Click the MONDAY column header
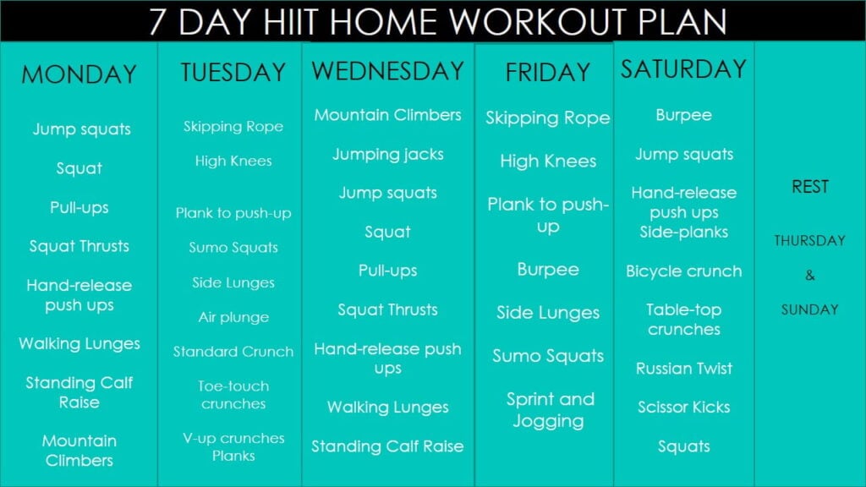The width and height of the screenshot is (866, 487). click(x=79, y=74)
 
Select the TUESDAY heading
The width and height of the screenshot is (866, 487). click(x=233, y=73)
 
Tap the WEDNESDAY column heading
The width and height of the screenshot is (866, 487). click(x=388, y=71)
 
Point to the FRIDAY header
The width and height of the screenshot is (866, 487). click(x=547, y=74)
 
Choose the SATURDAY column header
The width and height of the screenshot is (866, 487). click(x=683, y=69)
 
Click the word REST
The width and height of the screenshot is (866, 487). click(x=809, y=187)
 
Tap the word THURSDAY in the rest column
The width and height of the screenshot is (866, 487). click(x=809, y=241)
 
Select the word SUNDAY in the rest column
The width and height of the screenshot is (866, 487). click(x=809, y=309)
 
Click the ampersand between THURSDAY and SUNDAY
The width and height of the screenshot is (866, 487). click(x=809, y=275)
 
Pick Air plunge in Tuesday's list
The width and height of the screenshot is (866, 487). click(x=233, y=317)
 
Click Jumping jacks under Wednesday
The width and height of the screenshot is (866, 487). click(x=388, y=155)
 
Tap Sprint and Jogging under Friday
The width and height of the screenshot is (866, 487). click(x=550, y=409)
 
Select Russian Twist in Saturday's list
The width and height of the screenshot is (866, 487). click(x=684, y=369)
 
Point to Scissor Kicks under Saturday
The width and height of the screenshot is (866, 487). click(x=684, y=408)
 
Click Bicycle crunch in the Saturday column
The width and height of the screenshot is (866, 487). click(x=684, y=271)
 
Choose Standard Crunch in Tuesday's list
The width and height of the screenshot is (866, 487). click(x=233, y=352)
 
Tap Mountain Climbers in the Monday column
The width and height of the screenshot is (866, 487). click(x=79, y=451)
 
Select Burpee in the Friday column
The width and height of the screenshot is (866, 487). click(x=548, y=270)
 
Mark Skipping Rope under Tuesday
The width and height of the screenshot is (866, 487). click(x=233, y=127)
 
